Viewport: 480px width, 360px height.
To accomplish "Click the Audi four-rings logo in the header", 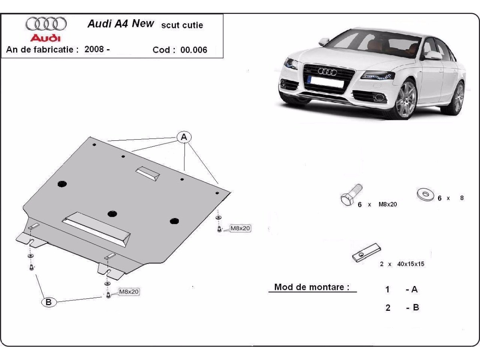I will point(46,24).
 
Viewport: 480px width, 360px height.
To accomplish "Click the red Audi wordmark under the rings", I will point(46,38).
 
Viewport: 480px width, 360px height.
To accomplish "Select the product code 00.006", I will point(194,50).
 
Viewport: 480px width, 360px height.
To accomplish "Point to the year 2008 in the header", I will point(94,49).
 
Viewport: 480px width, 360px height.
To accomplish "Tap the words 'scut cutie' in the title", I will point(182,25).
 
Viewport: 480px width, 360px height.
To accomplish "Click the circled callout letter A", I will point(184,138).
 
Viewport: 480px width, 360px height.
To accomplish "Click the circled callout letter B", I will point(48,302).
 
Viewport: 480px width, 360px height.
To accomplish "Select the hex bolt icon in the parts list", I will point(350,195).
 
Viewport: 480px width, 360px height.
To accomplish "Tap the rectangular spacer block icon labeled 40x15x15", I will point(366,253).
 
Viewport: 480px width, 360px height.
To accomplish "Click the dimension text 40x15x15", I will point(411,264).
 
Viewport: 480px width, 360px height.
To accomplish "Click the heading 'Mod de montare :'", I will point(312,287).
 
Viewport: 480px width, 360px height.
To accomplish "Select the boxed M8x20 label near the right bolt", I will point(240,228).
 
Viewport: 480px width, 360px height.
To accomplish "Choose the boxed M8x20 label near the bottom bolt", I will point(128,292).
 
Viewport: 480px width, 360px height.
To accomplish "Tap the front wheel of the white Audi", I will point(406,98).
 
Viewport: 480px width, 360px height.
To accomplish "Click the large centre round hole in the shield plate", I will point(112,214).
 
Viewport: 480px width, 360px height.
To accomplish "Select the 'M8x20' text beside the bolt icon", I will point(387,204).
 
